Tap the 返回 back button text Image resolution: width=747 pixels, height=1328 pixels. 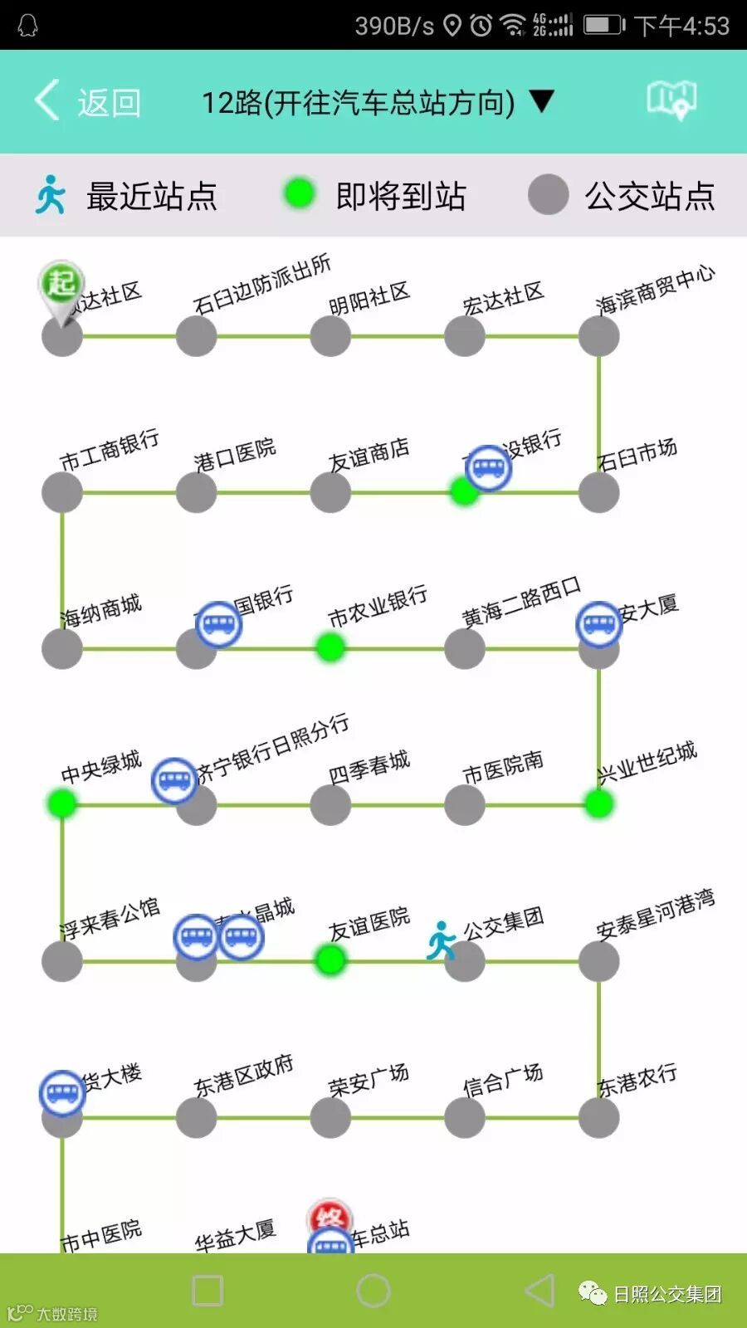(109, 103)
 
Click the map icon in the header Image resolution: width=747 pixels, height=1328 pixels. (671, 100)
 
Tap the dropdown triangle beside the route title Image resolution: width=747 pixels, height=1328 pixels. (542, 101)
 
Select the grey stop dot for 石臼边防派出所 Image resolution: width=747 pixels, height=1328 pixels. (197, 336)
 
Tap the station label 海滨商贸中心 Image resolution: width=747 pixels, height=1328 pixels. (655, 290)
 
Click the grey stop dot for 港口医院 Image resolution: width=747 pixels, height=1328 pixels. (197, 492)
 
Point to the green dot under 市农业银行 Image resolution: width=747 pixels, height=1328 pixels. (330, 647)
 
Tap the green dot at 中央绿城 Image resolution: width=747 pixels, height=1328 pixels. (62, 803)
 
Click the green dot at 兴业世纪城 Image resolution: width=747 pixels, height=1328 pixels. (598, 803)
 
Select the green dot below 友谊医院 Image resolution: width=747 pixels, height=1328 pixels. (330, 960)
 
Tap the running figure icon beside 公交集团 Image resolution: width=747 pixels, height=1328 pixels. (442, 940)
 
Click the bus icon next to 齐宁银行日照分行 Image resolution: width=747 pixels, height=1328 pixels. (174, 780)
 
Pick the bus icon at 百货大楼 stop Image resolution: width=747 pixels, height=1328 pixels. (62, 1093)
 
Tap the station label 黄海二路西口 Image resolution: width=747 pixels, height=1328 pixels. (521, 603)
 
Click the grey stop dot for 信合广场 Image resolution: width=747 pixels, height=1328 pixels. (465, 1117)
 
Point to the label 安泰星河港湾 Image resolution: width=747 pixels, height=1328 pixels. (655, 914)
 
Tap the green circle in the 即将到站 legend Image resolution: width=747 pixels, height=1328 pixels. (299, 194)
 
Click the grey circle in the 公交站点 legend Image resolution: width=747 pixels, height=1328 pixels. (548, 195)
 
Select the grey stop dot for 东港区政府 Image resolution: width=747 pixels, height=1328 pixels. (197, 1117)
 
